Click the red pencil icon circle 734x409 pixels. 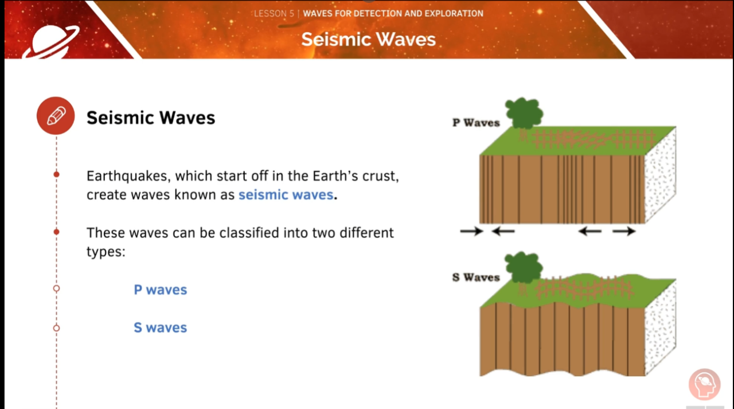click(56, 116)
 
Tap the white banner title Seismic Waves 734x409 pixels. click(368, 39)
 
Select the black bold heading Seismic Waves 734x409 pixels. click(151, 118)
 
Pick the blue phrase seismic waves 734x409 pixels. click(286, 194)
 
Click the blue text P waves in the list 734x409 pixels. click(161, 290)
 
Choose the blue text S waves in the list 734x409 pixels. click(161, 328)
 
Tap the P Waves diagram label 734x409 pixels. click(476, 122)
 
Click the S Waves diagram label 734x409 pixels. click(476, 277)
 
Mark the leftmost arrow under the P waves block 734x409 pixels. click(471, 231)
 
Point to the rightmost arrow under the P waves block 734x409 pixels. click(624, 231)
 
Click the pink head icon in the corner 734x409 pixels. click(704, 385)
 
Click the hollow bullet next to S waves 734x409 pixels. click(56, 328)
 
